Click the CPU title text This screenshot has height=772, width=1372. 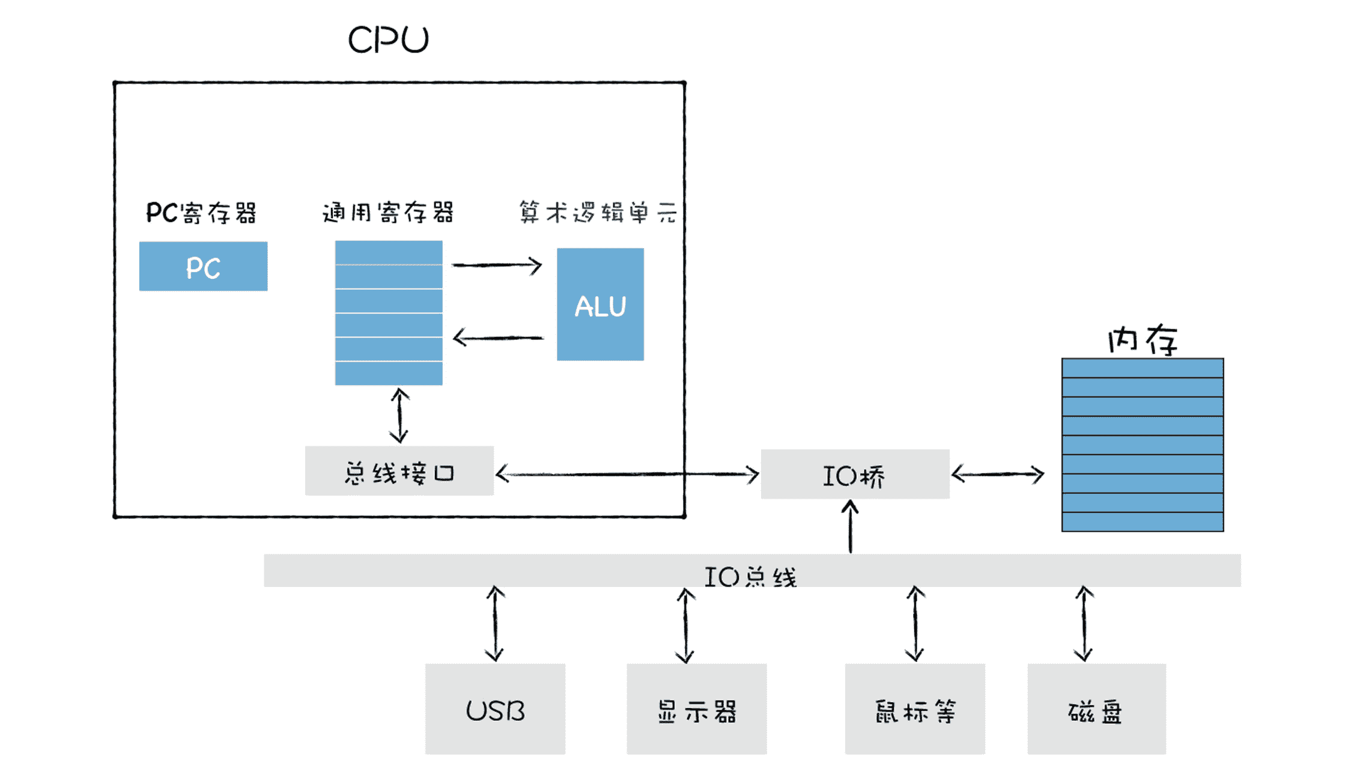tap(388, 40)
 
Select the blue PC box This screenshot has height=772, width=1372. tap(203, 266)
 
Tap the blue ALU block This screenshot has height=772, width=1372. tap(599, 305)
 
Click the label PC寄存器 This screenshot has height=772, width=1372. tap(201, 213)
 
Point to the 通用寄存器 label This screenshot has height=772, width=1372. tap(388, 212)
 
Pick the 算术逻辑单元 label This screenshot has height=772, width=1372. tap(598, 212)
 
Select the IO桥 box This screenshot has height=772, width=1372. tap(854, 475)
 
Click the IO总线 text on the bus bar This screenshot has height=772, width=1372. tap(750, 577)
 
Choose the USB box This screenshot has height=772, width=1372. tap(495, 709)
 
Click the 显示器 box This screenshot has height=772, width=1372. tap(696, 709)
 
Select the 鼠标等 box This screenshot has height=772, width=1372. tap(914, 709)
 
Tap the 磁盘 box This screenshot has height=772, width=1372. tap(1096, 709)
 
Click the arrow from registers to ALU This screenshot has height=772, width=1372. tap(497, 265)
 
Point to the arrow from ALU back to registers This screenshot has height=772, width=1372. tap(498, 338)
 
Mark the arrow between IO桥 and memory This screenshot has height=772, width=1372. tap(998, 475)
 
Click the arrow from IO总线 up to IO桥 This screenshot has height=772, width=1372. tap(850, 527)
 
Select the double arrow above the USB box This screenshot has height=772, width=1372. tap(495, 624)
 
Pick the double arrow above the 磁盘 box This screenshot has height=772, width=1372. tap(1084, 624)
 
